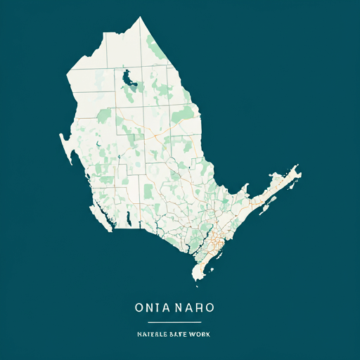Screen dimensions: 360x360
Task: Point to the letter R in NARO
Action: [x=202, y=308]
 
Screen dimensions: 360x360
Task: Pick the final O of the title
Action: [x=211, y=308]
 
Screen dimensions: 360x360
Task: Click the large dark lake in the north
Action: [x=129, y=81]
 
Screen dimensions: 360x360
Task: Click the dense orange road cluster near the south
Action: [x=214, y=243]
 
